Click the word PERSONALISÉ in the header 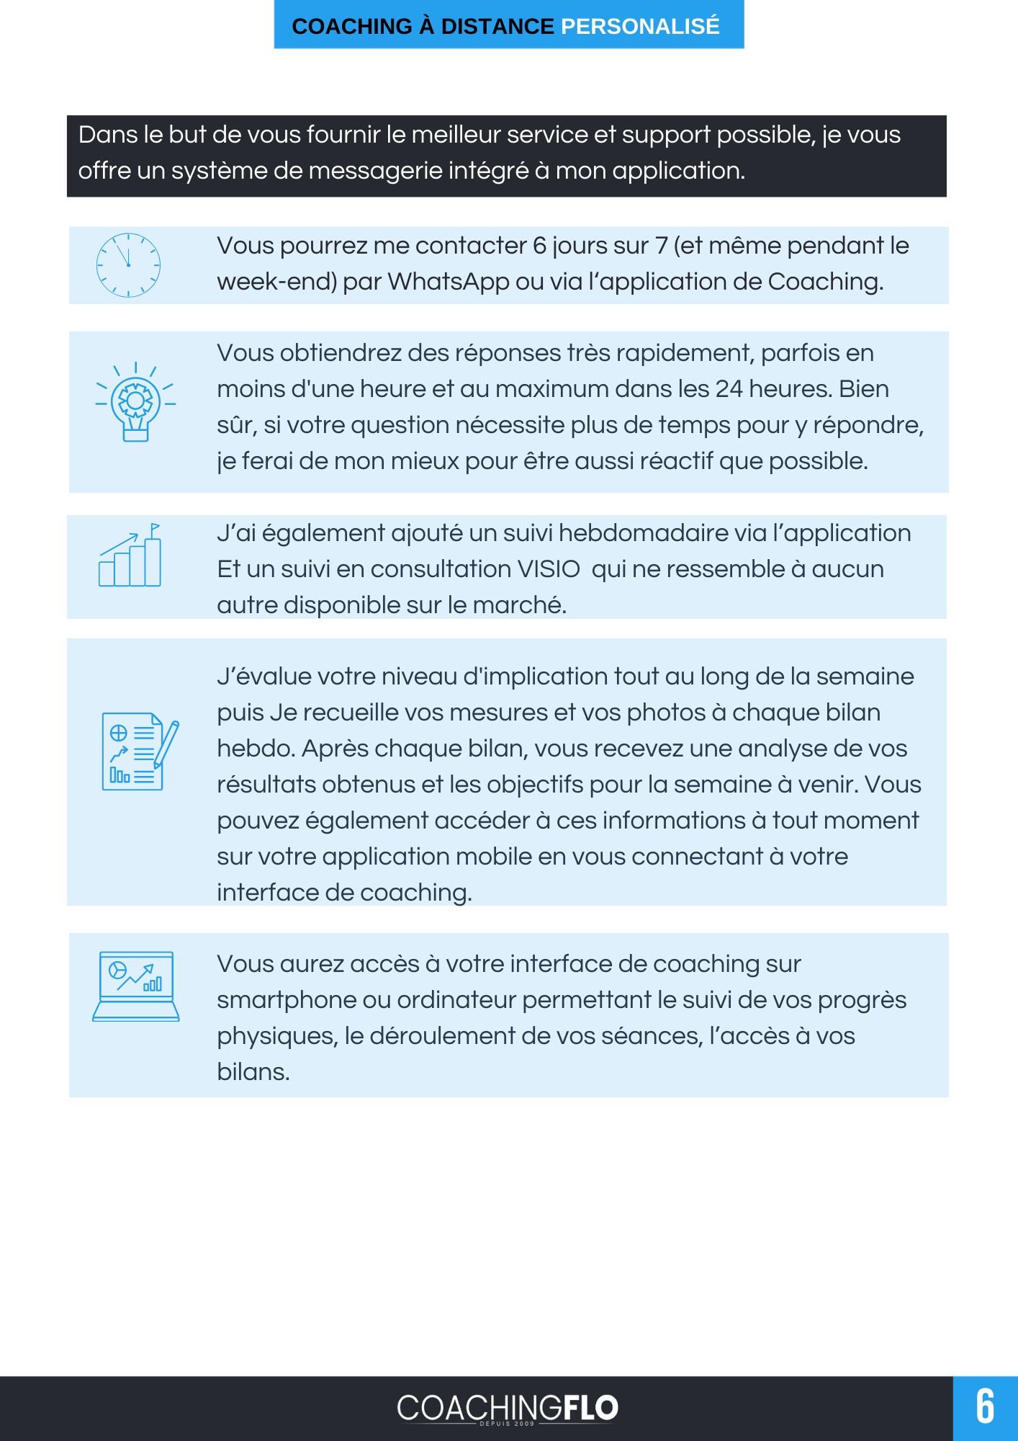pyautogui.click(x=639, y=26)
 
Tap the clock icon pyautogui.click(x=128, y=265)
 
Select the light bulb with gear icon pyautogui.click(x=135, y=402)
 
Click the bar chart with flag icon pyautogui.click(x=130, y=556)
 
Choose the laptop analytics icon pyautogui.click(x=136, y=986)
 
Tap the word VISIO pyautogui.click(x=549, y=569)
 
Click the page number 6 pyautogui.click(x=984, y=1407)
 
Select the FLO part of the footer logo pyautogui.click(x=590, y=1407)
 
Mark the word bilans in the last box pyautogui.click(x=253, y=1072)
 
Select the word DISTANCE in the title pyautogui.click(x=497, y=26)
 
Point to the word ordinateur pyautogui.click(x=456, y=1000)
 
